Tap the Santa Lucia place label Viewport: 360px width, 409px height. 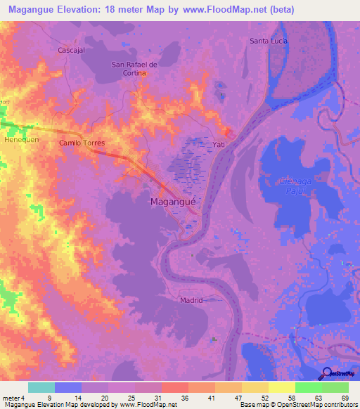[269, 41]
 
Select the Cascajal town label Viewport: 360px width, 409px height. [72, 51]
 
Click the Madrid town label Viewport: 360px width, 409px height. [191, 300]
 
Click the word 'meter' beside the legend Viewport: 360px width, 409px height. [12, 398]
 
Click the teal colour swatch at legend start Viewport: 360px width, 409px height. [41, 387]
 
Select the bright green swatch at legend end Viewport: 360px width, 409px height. [335, 387]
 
